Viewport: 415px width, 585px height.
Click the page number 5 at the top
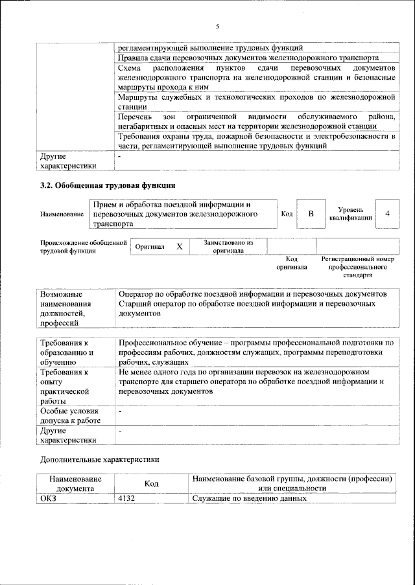click(218, 27)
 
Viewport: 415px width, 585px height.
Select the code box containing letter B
click(311, 214)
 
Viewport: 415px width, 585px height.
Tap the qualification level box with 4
click(387, 214)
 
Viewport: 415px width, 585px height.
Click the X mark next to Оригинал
click(180, 247)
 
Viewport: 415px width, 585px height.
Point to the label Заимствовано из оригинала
click(228, 246)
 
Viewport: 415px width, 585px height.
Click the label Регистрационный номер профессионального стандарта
click(357, 266)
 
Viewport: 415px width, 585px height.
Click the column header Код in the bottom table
click(152, 483)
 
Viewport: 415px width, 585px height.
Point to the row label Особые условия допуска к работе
click(70, 416)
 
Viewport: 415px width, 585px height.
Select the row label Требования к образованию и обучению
click(67, 352)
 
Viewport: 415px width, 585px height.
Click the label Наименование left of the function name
click(62, 214)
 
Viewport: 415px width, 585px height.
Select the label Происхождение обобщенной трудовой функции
click(82, 247)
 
